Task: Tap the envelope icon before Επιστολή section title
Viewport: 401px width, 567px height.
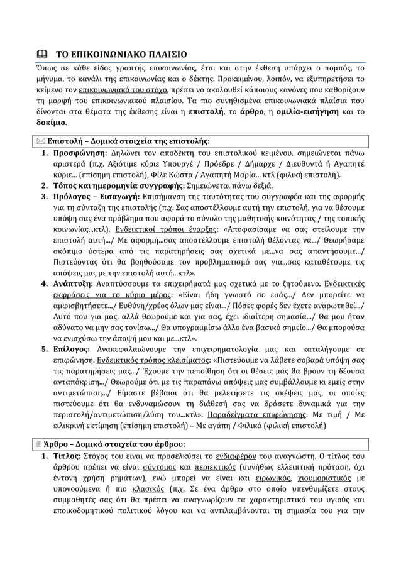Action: tap(38, 140)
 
